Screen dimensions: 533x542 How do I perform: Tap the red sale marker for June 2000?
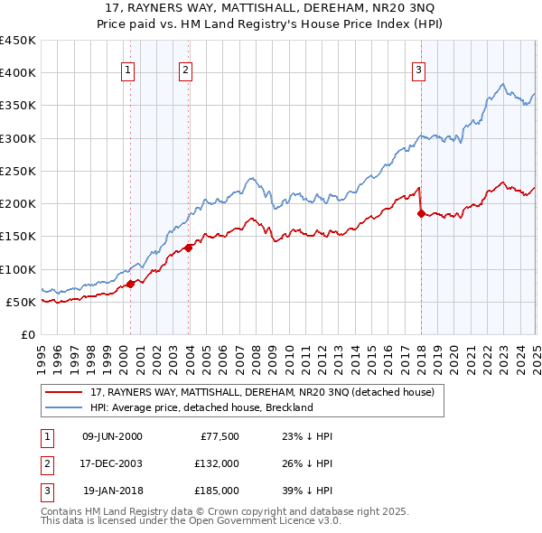130,284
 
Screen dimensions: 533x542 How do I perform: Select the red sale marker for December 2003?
189,248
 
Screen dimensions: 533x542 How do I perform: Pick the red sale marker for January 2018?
421,213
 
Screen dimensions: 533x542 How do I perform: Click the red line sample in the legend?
63,393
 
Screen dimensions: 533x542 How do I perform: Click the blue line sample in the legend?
63,407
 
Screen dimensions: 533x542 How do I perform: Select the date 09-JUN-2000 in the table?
112,436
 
